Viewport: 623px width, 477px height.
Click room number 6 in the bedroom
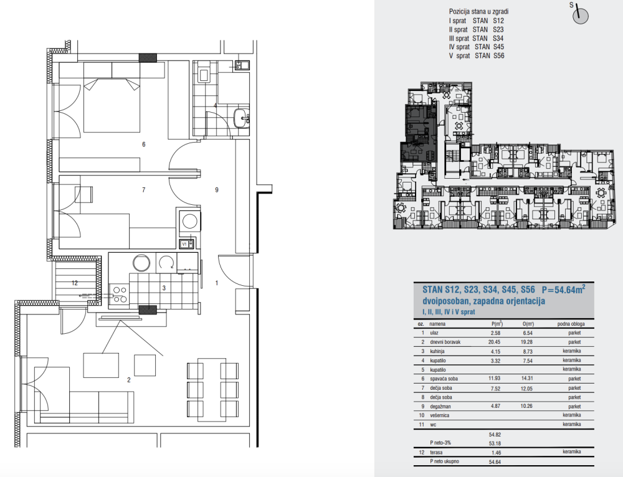pyautogui.click(x=144, y=144)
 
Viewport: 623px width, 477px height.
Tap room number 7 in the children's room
pyautogui.click(x=144, y=191)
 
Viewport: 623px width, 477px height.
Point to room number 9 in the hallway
pyautogui.click(x=217, y=191)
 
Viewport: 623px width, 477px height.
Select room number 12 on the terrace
pyautogui.click(x=75, y=283)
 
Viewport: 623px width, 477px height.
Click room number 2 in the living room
pyautogui.click(x=129, y=380)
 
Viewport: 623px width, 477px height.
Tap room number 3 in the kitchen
pyautogui.click(x=164, y=288)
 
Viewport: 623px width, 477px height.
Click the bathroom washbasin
pyautogui.click(x=241, y=118)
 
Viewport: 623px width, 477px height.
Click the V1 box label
pyautogui.click(x=184, y=244)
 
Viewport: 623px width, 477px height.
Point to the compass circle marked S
pyautogui.click(x=580, y=16)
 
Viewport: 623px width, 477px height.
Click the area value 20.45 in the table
pyautogui.click(x=495, y=342)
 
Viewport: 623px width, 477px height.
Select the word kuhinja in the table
pyautogui.click(x=437, y=351)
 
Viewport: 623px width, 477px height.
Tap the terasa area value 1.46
pyautogui.click(x=496, y=452)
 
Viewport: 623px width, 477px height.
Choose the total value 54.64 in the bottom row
pyautogui.click(x=495, y=462)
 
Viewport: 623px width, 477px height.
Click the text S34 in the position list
pyautogui.click(x=498, y=39)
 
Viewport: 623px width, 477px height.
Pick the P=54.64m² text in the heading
pyautogui.click(x=563, y=290)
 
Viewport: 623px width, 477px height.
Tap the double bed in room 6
pyautogui.click(x=112, y=105)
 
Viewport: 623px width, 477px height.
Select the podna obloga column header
pyautogui.click(x=571, y=324)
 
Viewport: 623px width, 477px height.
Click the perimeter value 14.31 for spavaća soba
pyautogui.click(x=527, y=379)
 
